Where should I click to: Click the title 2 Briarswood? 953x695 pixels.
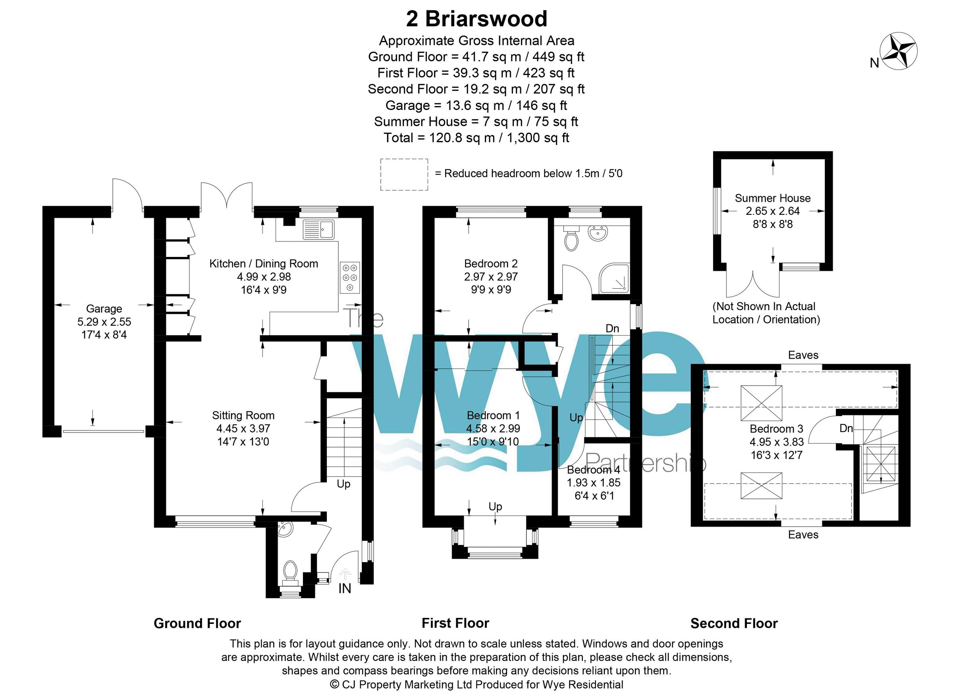(x=476, y=19)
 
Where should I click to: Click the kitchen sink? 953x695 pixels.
(x=318, y=229)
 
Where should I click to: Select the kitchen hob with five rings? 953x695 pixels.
(x=350, y=277)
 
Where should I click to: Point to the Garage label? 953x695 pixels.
(x=104, y=309)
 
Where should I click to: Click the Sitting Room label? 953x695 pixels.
(x=243, y=416)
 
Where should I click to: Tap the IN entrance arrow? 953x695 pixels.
(x=345, y=574)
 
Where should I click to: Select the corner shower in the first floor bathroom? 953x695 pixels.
(x=614, y=278)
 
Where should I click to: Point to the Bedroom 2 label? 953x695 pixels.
(x=491, y=264)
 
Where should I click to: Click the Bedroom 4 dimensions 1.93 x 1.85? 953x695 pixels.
(x=593, y=483)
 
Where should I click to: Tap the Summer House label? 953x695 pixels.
(x=773, y=198)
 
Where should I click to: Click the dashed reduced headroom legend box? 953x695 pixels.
(x=404, y=175)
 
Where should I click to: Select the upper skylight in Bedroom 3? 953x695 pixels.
(x=761, y=403)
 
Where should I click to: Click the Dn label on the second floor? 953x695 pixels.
(x=846, y=428)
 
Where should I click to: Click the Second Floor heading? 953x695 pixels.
(x=734, y=623)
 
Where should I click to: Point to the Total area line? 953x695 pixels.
(x=476, y=137)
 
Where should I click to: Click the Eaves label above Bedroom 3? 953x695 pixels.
(x=803, y=355)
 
